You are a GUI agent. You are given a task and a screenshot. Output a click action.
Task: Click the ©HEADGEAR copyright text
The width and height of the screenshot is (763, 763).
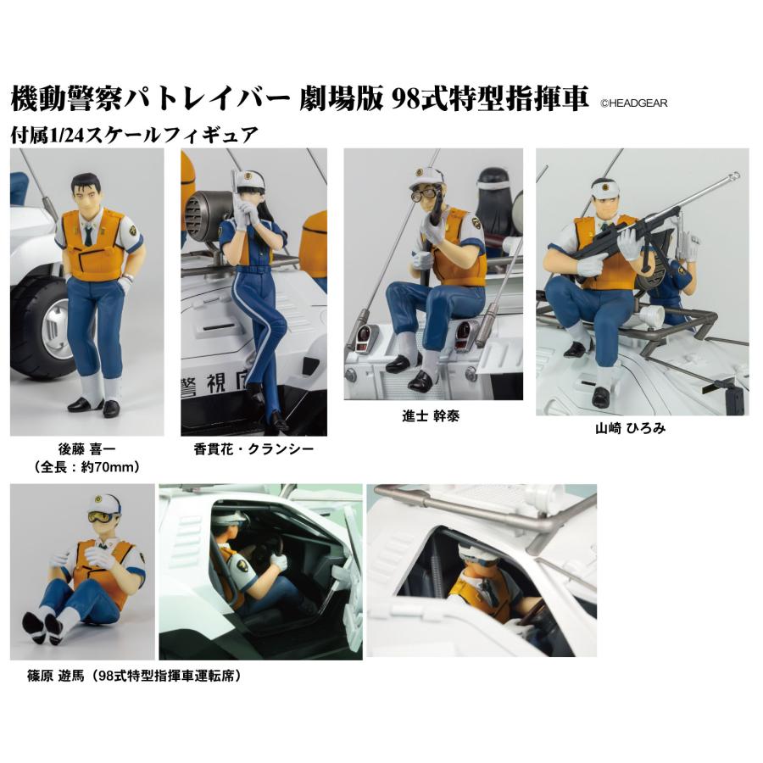click(634, 103)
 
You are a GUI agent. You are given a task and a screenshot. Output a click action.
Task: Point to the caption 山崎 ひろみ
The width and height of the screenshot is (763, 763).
click(630, 429)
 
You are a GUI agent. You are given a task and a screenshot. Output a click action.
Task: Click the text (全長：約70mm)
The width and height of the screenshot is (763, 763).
click(86, 466)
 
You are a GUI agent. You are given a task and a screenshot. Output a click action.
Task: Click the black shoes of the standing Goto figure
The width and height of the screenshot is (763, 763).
click(93, 406)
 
